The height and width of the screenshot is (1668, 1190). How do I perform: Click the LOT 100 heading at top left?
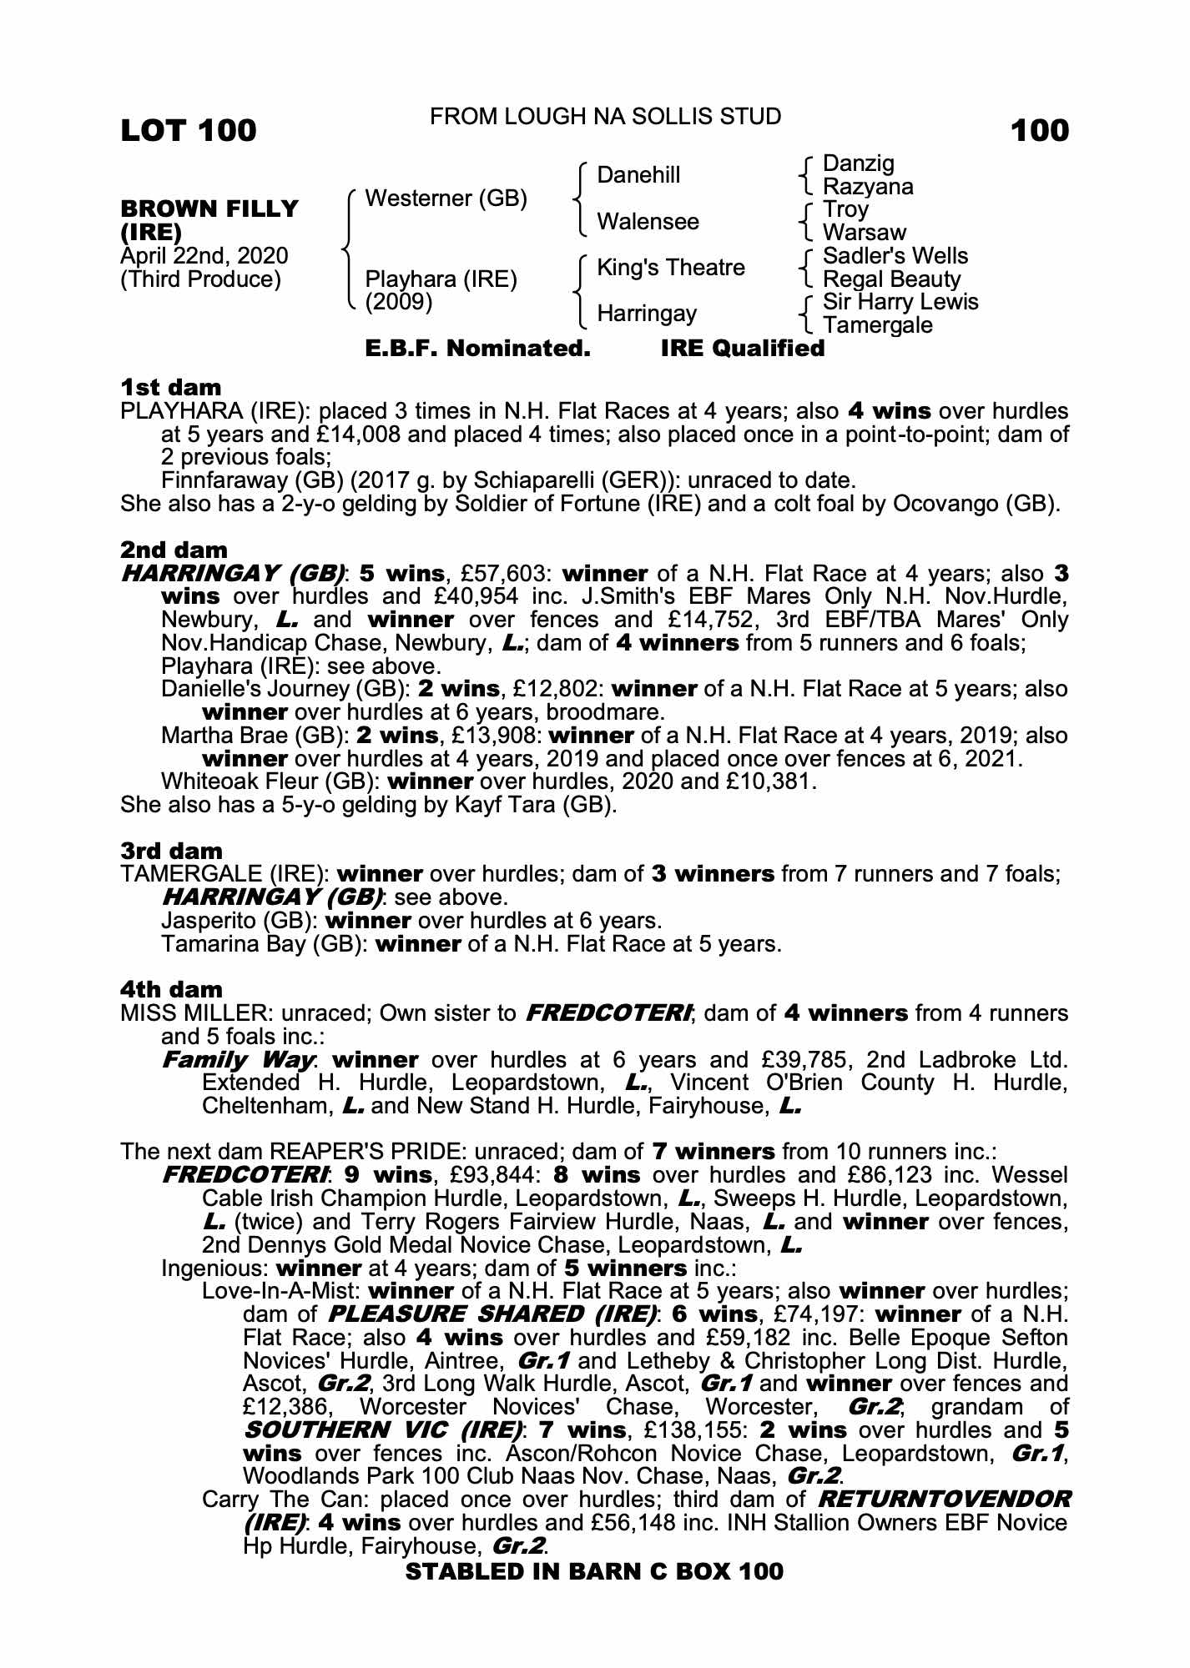(189, 131)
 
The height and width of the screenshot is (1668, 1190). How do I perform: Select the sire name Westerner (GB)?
(446, 198)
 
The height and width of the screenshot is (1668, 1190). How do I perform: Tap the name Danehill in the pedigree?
(638, 175)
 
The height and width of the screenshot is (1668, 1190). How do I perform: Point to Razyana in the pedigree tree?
(868, 187)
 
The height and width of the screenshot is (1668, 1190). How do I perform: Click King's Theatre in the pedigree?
(671, 268)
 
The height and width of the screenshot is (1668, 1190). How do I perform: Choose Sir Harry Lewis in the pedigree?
(900, 302)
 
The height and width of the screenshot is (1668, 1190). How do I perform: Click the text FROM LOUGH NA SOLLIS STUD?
(605, 117)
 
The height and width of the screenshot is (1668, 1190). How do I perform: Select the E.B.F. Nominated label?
(478, 349)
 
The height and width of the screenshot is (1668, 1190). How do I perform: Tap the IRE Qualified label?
(742, 349)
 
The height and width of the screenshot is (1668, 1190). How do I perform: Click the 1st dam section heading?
(171, 388)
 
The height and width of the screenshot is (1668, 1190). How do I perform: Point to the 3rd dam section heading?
(171, 852)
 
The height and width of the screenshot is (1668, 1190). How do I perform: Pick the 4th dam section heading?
(171, 990)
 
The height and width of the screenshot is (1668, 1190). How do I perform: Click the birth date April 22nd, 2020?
(204, 256)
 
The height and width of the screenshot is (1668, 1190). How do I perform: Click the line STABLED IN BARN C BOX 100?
(594, 1571)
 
